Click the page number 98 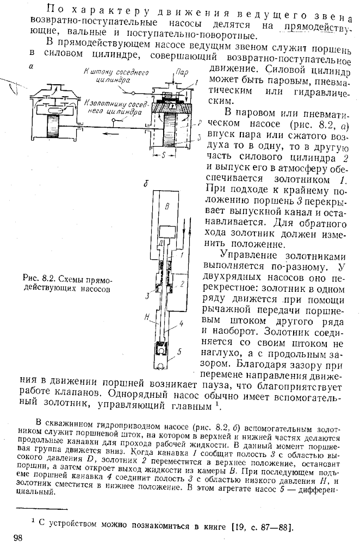pos(17,537)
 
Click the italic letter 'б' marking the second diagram pos(146,185)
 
